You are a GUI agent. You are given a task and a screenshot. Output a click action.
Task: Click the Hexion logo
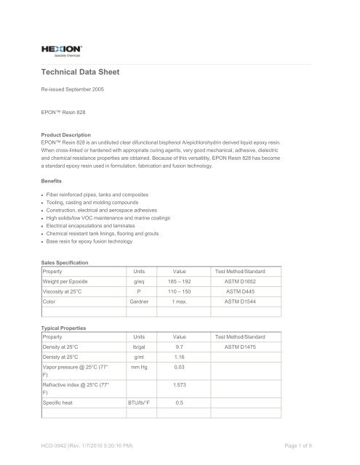tap(61, 49)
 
